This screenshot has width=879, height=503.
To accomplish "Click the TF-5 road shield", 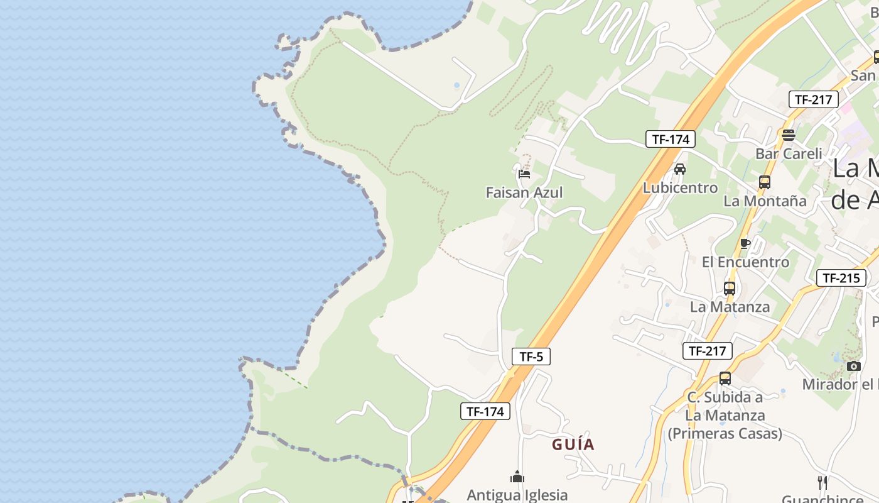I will coord(531,357).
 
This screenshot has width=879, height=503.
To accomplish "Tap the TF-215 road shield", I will coord(841,278).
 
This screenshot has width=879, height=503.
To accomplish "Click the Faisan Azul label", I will coord(524,192).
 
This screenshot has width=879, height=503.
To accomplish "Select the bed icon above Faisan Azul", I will coord(524,174).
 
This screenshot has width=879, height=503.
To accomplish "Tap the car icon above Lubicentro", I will coord(679,169).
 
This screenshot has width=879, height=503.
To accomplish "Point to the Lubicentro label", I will coord(680,187).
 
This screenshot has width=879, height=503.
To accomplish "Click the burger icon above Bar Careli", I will coord(789,135).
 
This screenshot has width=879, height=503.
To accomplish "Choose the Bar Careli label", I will coord(789,153).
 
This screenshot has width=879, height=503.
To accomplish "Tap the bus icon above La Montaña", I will coord(764,182).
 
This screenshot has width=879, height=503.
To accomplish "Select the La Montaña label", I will coord(765,201).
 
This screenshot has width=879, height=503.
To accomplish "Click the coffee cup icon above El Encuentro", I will coord(745,243).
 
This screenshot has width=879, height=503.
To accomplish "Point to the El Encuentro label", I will coord(745,262).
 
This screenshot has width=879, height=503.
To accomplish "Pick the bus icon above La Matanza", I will coord(729,289).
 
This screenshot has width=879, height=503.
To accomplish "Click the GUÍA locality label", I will coord(573,445).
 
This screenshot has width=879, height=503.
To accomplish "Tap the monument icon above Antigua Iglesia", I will coord(517,477).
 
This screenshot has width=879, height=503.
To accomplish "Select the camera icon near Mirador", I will coord(853,366).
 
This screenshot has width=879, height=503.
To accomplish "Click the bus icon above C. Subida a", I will coord(725,379).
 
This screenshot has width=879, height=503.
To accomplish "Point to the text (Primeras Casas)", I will coord(725,434).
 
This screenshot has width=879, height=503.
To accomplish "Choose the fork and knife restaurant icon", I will coord(822,482).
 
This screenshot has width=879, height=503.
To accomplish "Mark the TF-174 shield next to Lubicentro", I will coord(671,140).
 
